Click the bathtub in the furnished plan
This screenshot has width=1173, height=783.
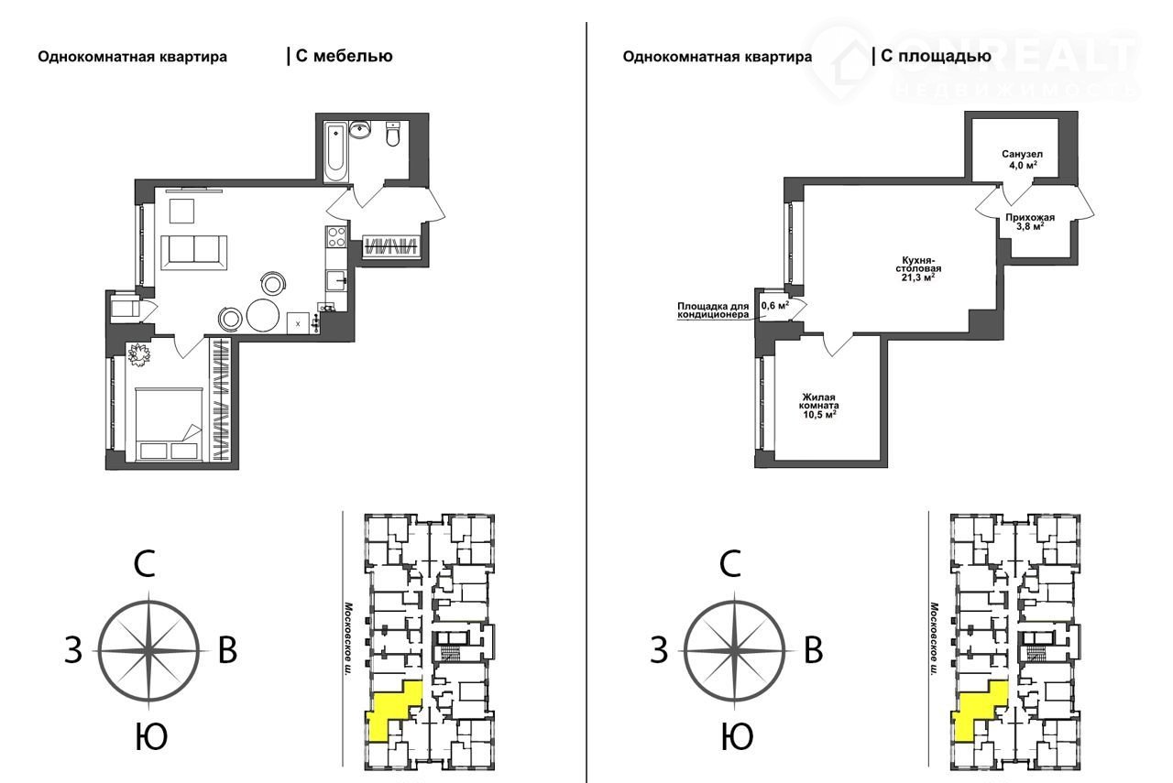(x=335, y=152)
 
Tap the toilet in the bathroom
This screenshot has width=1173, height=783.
(x=393, y=134)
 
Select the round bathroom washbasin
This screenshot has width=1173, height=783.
(x=360, y=130)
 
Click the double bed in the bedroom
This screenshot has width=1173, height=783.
(x=169, y=424)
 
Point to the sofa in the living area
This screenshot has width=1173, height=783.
(x=193, y=252)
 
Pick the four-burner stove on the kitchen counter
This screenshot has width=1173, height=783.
(x=335, y=236)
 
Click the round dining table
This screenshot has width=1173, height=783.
(x=262, y=314)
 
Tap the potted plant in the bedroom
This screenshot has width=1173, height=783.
(x=139, y=354)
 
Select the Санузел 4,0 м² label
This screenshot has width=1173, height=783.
(x=1022, y=159)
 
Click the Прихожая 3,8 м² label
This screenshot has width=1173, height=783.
(x=1030, y=222)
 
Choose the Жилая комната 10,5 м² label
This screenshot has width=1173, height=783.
(x=819, y=407)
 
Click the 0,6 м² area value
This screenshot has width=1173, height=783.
(x=775, y=305)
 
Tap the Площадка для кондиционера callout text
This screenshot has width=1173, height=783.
(x=713, y=310)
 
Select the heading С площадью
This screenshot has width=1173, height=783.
(x=936, y=56)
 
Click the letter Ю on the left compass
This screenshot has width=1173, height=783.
(x=151, y=736)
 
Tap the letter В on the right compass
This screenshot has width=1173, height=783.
(x=813, y=650)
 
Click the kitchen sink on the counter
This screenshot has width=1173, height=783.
(x=335, y=280)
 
